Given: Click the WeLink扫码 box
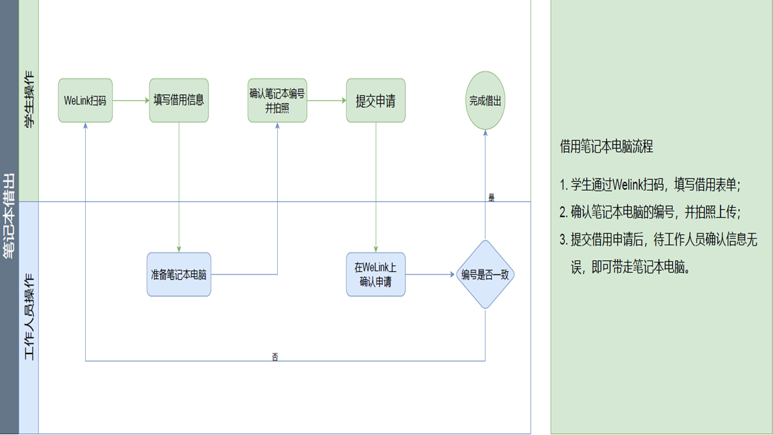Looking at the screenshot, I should (x=85, y=100).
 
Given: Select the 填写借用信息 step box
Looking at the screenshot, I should (x=179, y=100).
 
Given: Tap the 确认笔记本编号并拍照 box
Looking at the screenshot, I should (x=277, y=100).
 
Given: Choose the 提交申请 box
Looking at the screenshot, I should (x=376, y=100).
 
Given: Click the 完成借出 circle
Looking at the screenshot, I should (x=485, y=100).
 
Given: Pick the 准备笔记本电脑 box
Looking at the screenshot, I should (x=179, y=274).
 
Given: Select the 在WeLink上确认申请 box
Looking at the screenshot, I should (x=376, y=274).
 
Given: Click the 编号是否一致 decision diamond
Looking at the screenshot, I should (x=485, y=274).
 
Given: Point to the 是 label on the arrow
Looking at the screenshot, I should (x=491, y=198).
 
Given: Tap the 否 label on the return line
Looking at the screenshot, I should (x=275, y=357).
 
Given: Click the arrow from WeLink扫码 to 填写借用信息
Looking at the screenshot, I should (x=130, y=100).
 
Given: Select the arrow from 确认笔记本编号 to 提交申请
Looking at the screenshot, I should (x=326, y=100).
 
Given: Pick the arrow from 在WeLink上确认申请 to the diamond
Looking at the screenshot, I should (x=430, y=274).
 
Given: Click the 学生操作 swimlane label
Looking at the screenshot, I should (x=29, y=100).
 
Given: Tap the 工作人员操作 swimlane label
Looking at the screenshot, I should (x=29, y=317).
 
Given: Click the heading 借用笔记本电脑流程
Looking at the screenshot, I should (x=606, y=146).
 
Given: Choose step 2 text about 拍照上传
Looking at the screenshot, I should (x=650, y=212).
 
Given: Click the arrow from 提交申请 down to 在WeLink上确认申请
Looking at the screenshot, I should (x=376, y=187).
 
